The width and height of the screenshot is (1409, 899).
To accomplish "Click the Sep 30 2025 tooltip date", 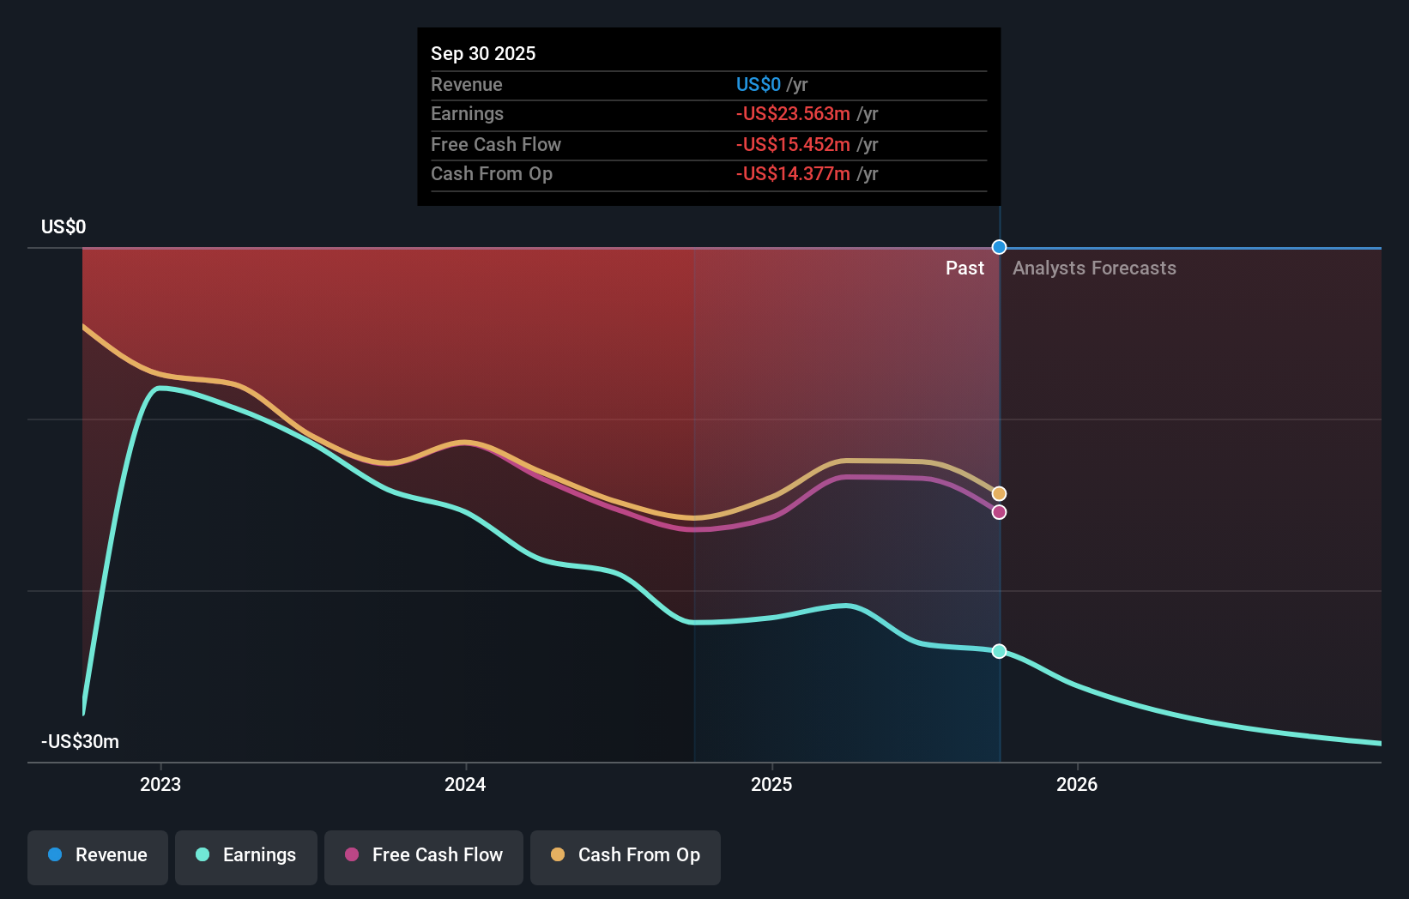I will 483,53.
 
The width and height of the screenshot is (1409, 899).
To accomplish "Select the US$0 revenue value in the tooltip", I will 759,84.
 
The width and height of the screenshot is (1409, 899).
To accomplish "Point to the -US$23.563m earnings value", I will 793,113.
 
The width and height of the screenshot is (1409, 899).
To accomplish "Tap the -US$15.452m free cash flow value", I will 793,144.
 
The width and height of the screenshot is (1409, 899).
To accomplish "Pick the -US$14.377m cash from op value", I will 793,173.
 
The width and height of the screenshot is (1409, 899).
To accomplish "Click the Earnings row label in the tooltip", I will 467,113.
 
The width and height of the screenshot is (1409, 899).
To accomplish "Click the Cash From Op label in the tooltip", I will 492,173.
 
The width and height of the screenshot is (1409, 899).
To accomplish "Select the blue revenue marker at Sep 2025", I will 999,247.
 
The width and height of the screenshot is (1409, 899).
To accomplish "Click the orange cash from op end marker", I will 999,493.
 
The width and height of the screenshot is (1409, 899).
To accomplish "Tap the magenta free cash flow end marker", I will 999,512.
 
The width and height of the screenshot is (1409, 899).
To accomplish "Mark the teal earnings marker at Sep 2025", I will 999,651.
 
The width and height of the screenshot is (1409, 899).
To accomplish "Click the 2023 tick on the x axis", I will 160,784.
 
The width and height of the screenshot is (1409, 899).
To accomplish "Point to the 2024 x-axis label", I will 465,784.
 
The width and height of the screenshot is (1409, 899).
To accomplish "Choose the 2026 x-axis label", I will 1077,784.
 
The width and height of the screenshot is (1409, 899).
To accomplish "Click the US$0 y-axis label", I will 63,226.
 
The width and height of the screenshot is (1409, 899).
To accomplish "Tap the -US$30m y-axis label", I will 80,741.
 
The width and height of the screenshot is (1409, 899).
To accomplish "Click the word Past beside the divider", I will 965,268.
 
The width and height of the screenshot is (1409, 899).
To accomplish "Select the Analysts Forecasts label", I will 1094,268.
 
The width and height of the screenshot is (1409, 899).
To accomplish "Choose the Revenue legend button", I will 98,855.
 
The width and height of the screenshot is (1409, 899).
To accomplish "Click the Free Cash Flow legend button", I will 424,855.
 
